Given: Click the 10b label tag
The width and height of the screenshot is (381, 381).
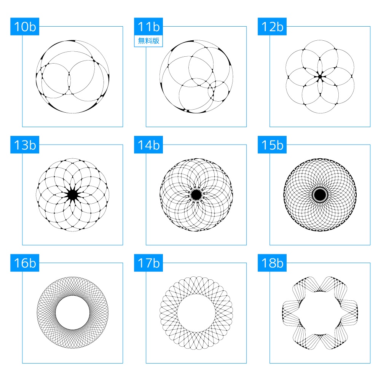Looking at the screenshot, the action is (x=24, y=27).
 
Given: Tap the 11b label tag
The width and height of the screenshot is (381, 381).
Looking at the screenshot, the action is (x=148, y=27).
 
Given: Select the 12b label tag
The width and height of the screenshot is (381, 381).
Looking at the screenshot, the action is (x=272, y=27).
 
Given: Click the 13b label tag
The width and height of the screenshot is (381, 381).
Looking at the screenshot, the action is (x=24, y=145).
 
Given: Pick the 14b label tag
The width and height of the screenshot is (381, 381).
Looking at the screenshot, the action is (x=148, y=145).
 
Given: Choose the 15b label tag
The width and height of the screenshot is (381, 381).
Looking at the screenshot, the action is (x=272, y=145).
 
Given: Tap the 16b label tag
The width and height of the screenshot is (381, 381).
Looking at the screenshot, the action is (x=24, y=263).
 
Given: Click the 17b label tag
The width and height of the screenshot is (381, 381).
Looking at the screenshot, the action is (x=148, y=263).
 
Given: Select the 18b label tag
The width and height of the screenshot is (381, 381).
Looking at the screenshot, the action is (x=272, y=263).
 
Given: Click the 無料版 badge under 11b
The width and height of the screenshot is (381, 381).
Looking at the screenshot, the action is (x=148, y=41).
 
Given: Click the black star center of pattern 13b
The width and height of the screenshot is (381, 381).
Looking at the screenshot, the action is (x=72, y=195).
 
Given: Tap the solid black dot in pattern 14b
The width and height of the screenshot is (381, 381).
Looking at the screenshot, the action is (x=196, y=195).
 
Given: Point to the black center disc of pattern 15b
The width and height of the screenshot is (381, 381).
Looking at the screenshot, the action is (x=320, y=195).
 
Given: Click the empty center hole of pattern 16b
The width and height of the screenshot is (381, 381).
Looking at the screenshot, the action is (x=73, y=313).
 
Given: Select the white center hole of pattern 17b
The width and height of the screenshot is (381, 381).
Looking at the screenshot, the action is (x=196, y=313).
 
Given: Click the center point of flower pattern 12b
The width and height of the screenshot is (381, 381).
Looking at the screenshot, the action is (x=320, y=77).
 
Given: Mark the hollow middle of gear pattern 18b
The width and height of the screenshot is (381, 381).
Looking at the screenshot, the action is (x=320, y=313).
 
